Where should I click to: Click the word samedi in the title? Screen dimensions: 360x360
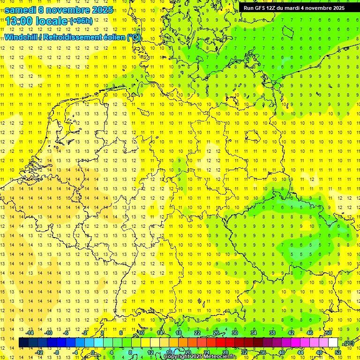[x=21, y=10]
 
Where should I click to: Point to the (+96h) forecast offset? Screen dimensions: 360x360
[x=81, y=21]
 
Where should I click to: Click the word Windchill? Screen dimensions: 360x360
[x=20, y=37]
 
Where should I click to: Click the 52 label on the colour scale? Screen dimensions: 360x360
[x=338, y=352]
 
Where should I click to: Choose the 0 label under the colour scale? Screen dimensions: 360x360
[x=93, y=352]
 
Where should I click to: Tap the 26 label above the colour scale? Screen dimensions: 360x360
[x=216, y=333]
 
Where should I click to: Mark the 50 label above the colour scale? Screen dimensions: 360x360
[x=329, y=333]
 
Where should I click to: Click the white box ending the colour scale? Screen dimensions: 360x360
[x=333, y=343]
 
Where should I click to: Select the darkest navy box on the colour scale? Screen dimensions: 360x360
[x=23, y=343]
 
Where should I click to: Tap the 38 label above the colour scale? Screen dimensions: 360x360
[x=272, y=333]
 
